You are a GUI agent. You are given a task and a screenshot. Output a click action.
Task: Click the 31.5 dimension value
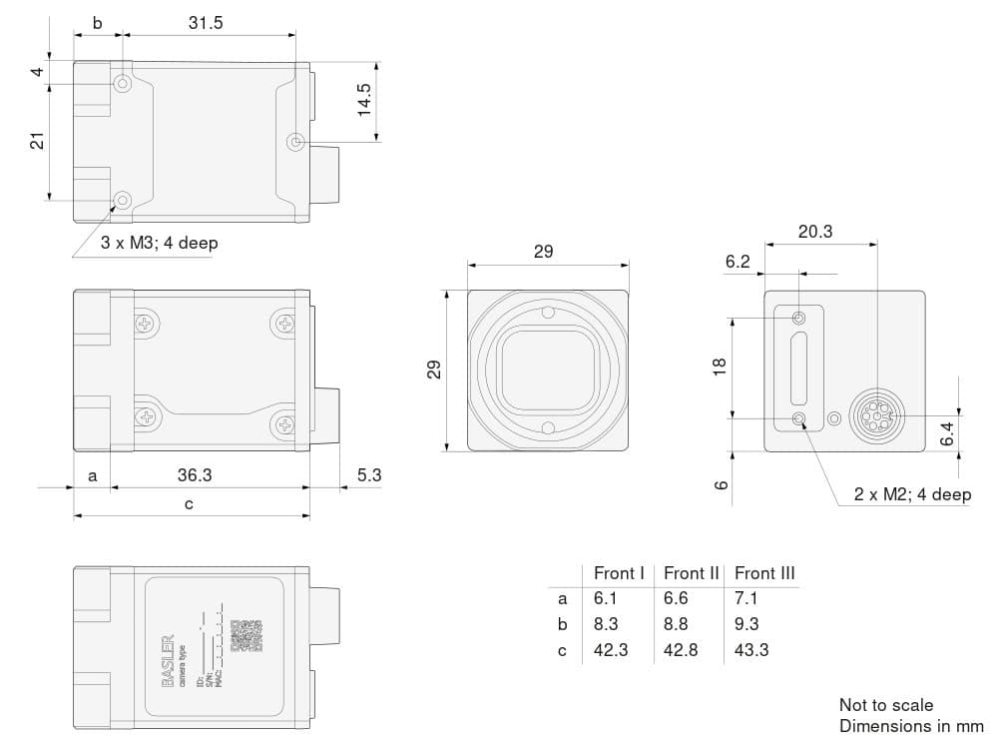[206, 23]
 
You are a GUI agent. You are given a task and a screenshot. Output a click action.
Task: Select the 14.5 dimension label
[364, 100]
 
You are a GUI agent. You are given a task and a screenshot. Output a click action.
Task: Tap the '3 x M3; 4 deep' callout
[159, 243]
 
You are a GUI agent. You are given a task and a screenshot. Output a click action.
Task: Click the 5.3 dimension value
[369, 475]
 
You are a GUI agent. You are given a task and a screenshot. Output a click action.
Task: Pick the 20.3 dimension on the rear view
[815, 232]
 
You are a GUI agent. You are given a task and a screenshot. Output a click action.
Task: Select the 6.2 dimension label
[738, 262]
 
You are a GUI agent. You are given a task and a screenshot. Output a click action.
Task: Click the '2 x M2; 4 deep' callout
[912, 494]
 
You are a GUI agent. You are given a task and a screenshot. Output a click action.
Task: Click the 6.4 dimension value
[948, 433]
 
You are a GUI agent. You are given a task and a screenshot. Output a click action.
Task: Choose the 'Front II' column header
[691, 573]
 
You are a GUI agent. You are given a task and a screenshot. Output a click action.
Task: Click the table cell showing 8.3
[607, 624]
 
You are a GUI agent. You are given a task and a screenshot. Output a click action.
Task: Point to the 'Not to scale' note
[886, 705]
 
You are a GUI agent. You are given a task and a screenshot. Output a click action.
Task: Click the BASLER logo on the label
[167, 660]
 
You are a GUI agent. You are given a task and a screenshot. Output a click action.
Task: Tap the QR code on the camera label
[246, 636]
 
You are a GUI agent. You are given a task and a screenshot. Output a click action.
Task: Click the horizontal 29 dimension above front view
[543, 252]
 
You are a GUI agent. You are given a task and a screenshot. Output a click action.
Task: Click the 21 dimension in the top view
[37, 141]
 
